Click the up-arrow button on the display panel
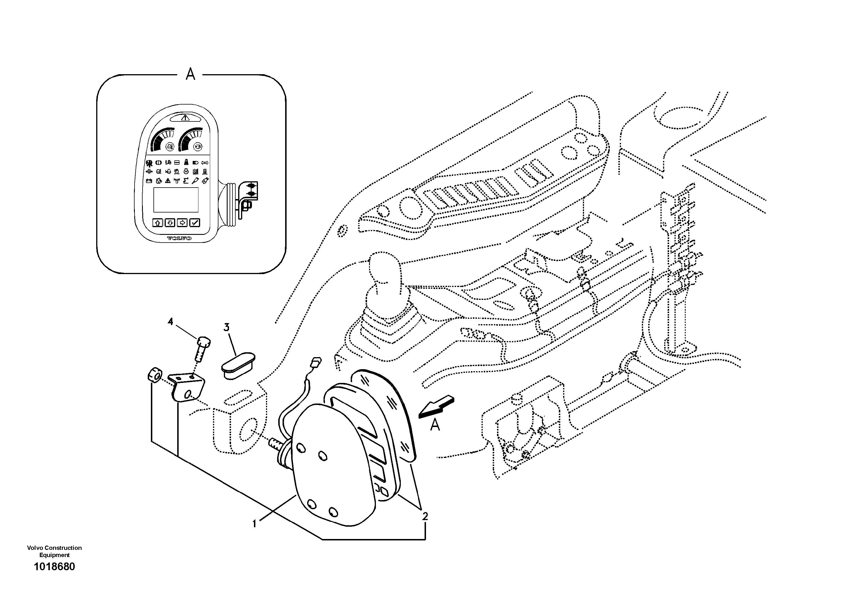point(158,223)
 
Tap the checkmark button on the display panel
point(195,223)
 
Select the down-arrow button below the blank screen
point(170,223)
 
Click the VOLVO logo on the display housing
point(179,238)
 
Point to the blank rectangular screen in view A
point(176,200)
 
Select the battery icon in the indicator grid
point(149,181)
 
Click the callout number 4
point(170,321)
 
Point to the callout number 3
point(226,327)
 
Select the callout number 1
point(254,524)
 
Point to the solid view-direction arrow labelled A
point(436,406)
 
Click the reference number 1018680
point(55,567)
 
